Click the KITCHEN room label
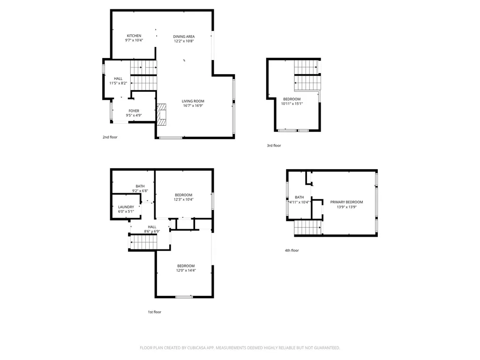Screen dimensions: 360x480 (134, 36)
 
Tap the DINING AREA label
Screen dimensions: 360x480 (184, 37)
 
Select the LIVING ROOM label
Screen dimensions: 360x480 (193, 101)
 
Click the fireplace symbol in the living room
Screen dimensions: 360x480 (162, 114)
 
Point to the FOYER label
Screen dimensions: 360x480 (134, 111)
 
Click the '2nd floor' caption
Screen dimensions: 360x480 (110, 137)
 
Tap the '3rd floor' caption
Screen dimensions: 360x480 (274, 146)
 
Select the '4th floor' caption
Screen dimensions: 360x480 (292, 250)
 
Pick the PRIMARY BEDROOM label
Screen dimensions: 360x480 (346, 202)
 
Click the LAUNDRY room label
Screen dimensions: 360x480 (126, 207)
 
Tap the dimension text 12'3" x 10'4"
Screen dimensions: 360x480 (184, 200)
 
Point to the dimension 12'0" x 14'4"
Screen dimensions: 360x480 (186, 270)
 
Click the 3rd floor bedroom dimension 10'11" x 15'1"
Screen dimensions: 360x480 (292, 104)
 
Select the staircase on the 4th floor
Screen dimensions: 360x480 (307, 228)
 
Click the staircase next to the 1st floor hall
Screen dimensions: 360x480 (144, 242)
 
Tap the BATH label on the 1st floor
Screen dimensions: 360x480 (140, 186)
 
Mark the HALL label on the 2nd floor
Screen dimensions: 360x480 (118, 79)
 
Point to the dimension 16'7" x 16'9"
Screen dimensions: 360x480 (193, 106)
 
